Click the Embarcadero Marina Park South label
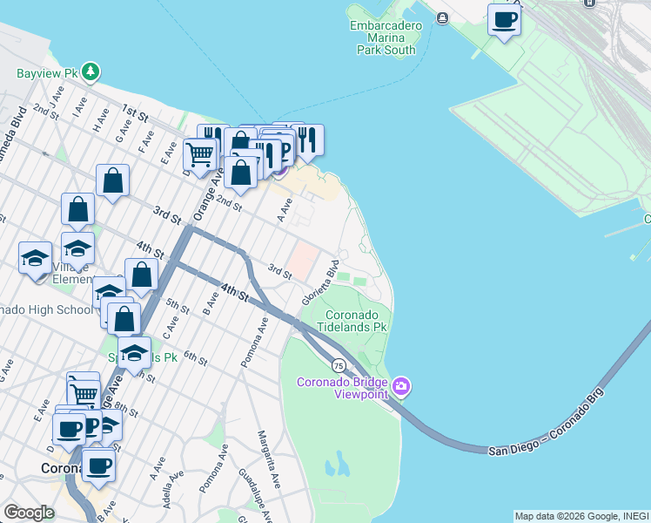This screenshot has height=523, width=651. pos(386,37)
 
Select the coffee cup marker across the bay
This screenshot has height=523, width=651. pos(503,19)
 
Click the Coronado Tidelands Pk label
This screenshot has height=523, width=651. pos(355,321)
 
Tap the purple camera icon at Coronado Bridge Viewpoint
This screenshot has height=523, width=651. pos(400,385)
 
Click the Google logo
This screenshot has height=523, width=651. pos(29,513)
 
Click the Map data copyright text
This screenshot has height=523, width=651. pos(581,516)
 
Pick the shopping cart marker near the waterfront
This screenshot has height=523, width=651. pos(200,156)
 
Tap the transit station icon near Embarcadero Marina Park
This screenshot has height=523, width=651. pos(442,18)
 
